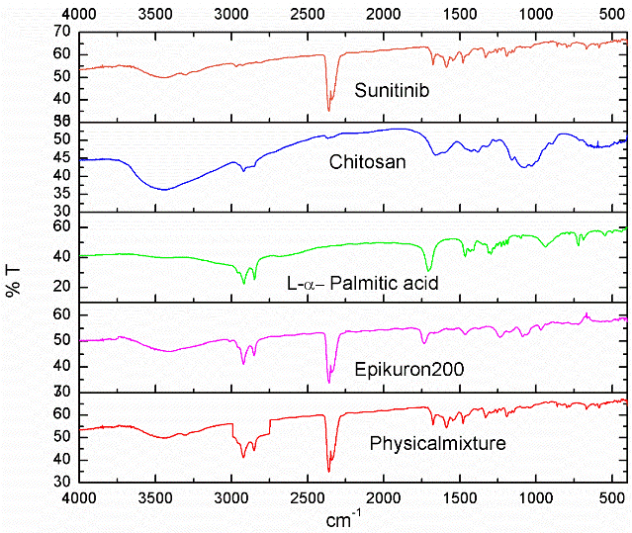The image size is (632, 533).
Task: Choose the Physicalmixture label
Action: [438, 443]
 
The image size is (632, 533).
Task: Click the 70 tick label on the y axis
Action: [61, 32]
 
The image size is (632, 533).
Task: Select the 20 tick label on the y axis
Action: [61, 288]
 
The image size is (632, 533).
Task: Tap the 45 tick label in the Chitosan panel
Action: [61, 157]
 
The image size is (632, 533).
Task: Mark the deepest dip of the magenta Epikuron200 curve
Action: [329, 382]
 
